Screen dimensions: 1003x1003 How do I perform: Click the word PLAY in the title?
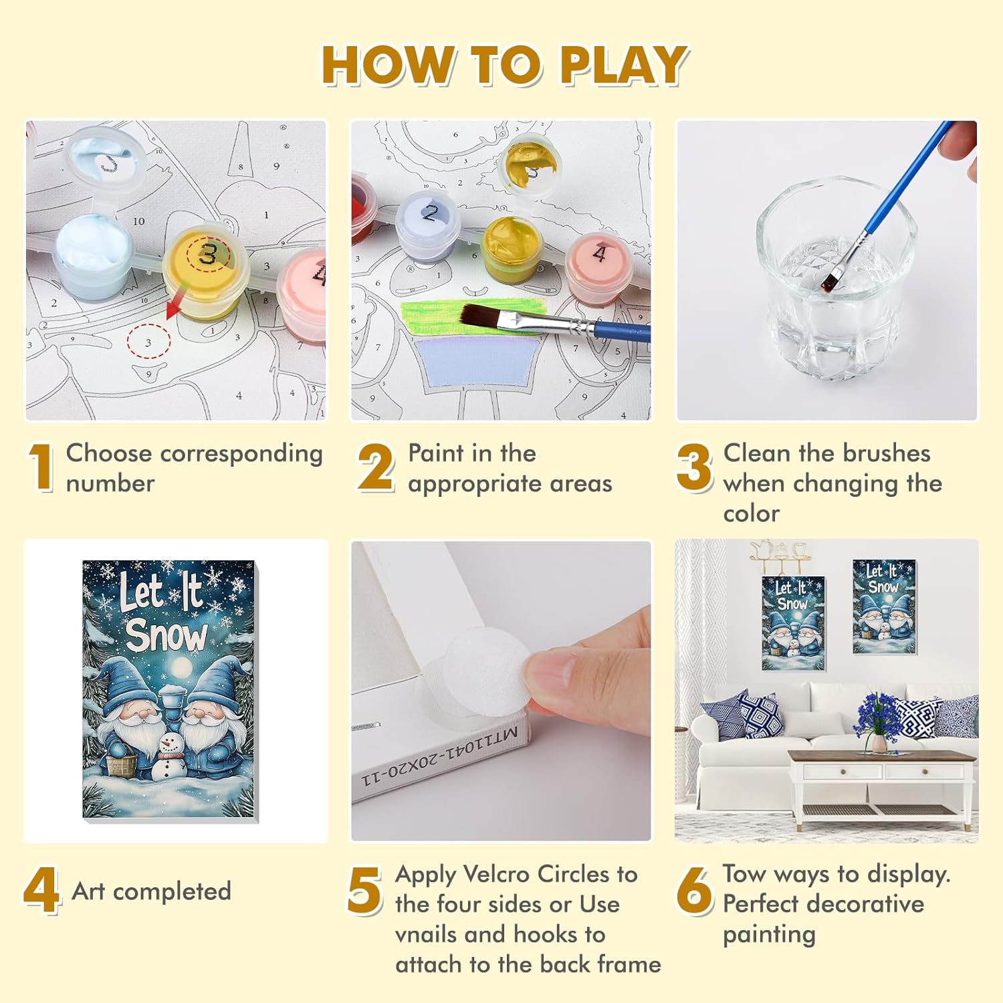pos(623,65)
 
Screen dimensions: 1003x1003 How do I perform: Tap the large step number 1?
pos(41,468)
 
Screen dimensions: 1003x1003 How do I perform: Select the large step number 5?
pos(364,890)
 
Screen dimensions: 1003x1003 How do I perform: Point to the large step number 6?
pos(695,890)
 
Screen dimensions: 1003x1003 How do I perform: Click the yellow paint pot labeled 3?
pos(206,271)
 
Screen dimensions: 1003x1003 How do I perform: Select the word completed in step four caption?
pos(172,891)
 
